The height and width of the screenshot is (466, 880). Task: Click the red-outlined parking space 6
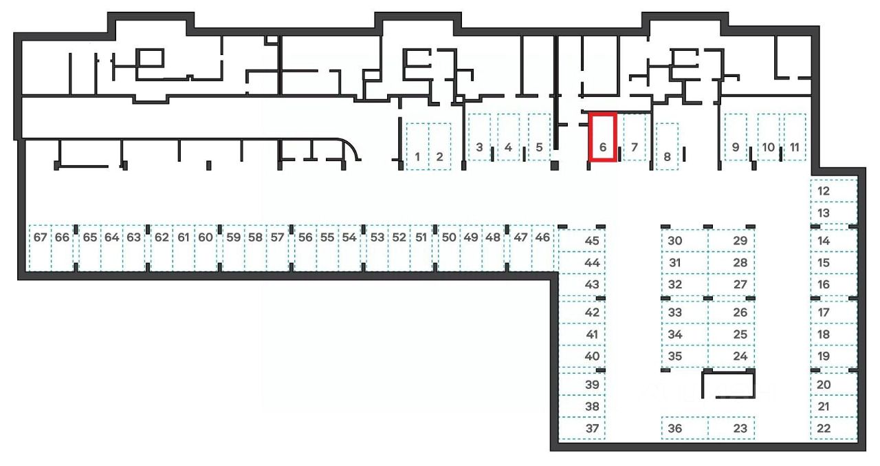pyautogui.click(x=602, y=138)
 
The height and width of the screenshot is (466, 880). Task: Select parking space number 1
pyautogui.click(x=417, y=146)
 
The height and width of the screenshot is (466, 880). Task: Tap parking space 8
pyautogui.click(x=667, y=146)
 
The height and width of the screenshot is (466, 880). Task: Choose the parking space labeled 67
pyautogui.click(x=40, y=248)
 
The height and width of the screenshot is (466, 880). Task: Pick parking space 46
pyautogui.click(x=542, y=248)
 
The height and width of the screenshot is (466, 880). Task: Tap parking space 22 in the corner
pyautogui.click(x=833, y=428)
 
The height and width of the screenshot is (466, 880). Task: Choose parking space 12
pyautogui.click(x=833, y=191)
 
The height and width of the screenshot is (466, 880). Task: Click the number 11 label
pyautogui.click(x=795, y=147)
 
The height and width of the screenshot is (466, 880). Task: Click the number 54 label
pyautogui.click(x=349, y=237)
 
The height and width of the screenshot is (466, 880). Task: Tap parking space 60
pyautogui.click(x=205, y=248)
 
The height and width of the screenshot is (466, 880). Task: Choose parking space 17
pyautogui.click(x=833, y=313)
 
